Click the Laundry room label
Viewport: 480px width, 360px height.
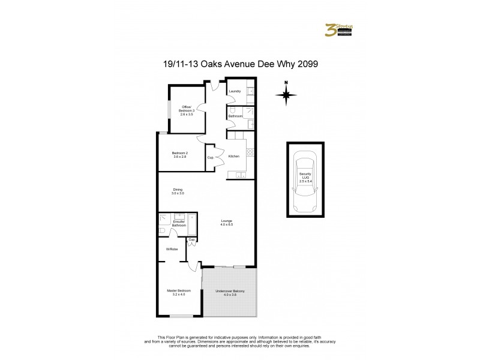pos(235,91)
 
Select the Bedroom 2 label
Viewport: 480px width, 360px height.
pos(180,154)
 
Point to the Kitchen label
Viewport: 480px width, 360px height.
pos(234,157)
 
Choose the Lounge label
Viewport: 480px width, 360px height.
pos(226,221)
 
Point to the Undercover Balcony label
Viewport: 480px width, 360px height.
pos(230,292)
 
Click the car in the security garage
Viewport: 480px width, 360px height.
pos(305,178)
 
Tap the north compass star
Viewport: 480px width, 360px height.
pos(287,94)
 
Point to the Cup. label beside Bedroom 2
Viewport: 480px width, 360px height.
pos(211,157)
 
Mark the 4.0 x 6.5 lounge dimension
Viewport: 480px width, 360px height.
pos(226,224)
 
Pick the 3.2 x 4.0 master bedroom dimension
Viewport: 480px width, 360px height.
pos(179,294)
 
